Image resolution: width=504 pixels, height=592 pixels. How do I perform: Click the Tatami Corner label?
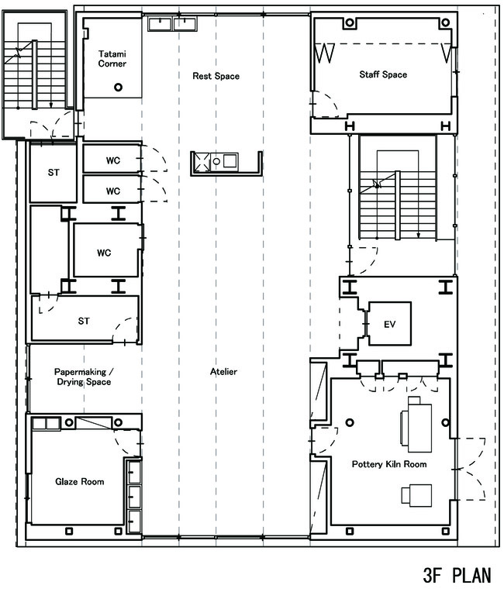112,59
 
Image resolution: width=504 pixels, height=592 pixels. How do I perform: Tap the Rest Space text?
216,76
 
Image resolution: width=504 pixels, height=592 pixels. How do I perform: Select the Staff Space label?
383,74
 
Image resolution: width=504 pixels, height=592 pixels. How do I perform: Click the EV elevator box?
389,324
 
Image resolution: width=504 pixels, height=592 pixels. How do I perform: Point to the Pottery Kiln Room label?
389,464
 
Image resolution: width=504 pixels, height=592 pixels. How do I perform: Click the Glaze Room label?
79,481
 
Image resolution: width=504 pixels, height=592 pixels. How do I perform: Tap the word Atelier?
223,371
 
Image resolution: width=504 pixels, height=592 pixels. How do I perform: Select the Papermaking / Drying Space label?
84,377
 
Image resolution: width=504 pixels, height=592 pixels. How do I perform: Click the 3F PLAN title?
457,576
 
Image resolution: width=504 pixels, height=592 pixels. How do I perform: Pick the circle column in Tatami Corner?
119,88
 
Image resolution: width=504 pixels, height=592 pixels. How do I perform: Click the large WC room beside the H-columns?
106,250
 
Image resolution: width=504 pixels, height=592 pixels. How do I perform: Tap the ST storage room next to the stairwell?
54,174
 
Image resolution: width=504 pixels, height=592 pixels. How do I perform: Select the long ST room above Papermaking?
84,318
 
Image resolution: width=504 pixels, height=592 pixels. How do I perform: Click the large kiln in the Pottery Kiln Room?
416,424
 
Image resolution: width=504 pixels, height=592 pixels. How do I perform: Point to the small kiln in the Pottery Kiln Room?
416,494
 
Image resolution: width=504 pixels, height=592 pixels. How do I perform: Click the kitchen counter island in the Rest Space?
226,163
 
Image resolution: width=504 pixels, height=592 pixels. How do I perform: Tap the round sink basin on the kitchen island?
216,162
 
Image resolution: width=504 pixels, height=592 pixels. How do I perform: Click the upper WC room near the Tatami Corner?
112,160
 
